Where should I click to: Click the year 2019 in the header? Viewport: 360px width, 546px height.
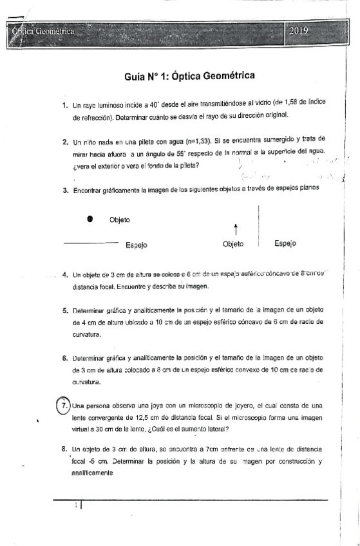(299, 31)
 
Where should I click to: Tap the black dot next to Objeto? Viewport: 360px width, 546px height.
(90, 219)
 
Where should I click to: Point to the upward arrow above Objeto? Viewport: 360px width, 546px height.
(236, 229)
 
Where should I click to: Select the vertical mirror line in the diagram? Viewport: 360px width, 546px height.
(258, 225)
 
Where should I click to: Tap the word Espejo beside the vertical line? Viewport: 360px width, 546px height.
(285, 243)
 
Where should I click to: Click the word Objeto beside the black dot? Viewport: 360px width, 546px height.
(120, 220)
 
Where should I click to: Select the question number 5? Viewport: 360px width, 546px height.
(66, 310)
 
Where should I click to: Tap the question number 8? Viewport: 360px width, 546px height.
(66, 448)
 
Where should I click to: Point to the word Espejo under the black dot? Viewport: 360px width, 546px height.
(137, 245)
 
